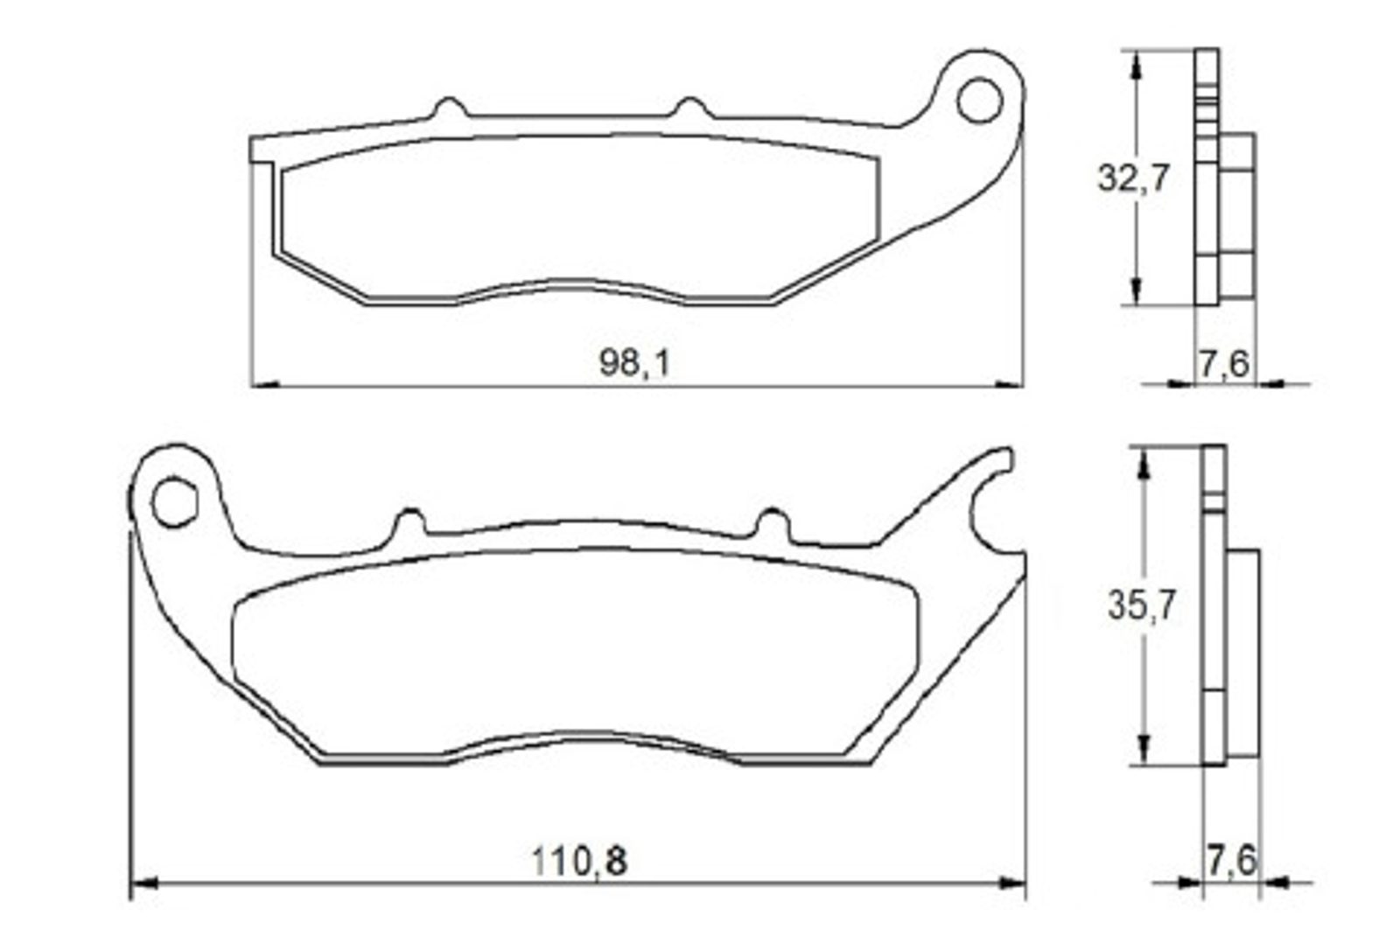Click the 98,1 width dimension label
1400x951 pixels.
[x=633, y=363]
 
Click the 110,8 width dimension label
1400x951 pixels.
[x=579, y=862]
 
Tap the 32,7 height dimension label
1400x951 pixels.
[x=1133, y=178]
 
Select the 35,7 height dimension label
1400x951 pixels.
[x=1142, y=605]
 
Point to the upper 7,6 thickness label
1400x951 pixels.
[x=1224, y=364]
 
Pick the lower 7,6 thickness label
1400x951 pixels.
[x=1230, y=860]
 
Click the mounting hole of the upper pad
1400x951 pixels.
[x=979, y=100]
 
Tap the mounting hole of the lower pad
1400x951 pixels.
[x=175, y=501]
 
